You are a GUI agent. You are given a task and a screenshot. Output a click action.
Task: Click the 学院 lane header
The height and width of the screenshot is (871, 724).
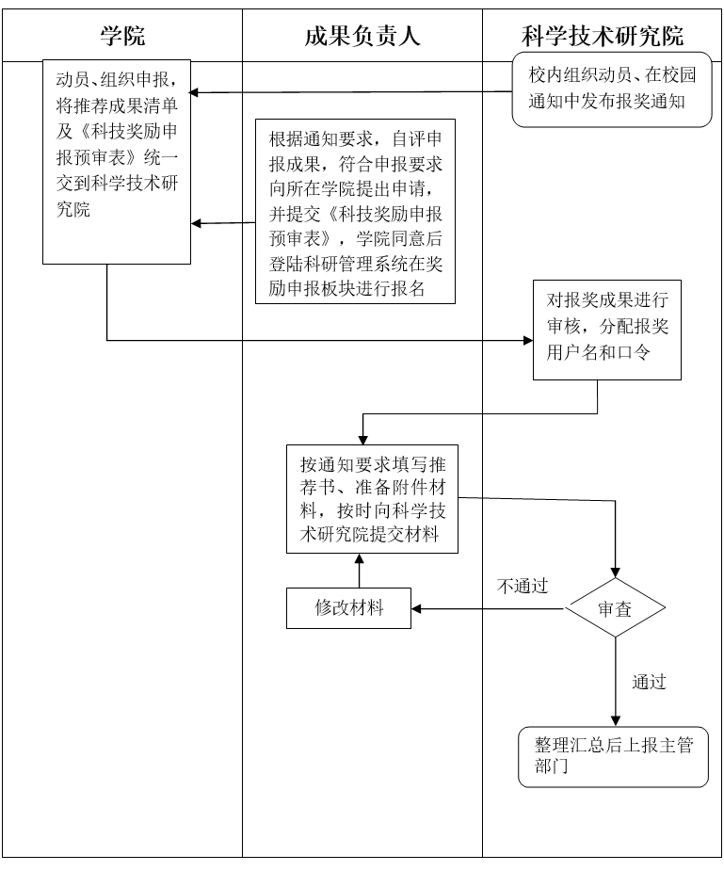pos(122,37)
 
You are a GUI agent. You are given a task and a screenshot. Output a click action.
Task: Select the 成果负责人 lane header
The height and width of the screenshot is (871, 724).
pos(362,37)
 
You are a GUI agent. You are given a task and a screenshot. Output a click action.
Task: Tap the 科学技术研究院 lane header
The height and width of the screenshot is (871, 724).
pos(603,37)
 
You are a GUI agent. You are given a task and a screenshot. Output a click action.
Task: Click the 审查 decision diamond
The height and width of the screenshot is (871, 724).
pos(615,608)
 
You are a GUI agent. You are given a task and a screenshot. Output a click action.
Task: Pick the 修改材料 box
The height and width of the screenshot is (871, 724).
pos(348,607)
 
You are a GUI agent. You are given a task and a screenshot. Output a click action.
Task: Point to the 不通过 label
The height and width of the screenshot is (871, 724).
pos(523,586)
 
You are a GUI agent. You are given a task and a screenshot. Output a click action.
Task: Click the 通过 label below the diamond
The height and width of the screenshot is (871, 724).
pos(650,682)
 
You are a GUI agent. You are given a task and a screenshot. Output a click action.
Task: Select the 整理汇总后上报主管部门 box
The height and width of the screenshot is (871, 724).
pos(613,756)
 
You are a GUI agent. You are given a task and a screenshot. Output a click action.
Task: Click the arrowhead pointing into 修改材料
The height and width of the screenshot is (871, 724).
pos(416,608)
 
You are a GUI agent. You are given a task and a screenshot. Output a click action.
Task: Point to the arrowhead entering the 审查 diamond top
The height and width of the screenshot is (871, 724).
pos(615,573)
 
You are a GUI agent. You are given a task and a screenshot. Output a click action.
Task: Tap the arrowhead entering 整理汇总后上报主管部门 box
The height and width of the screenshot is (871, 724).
pos(615,720)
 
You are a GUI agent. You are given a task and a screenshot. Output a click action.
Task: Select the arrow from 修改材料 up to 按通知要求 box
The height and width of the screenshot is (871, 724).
pos(358,571)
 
